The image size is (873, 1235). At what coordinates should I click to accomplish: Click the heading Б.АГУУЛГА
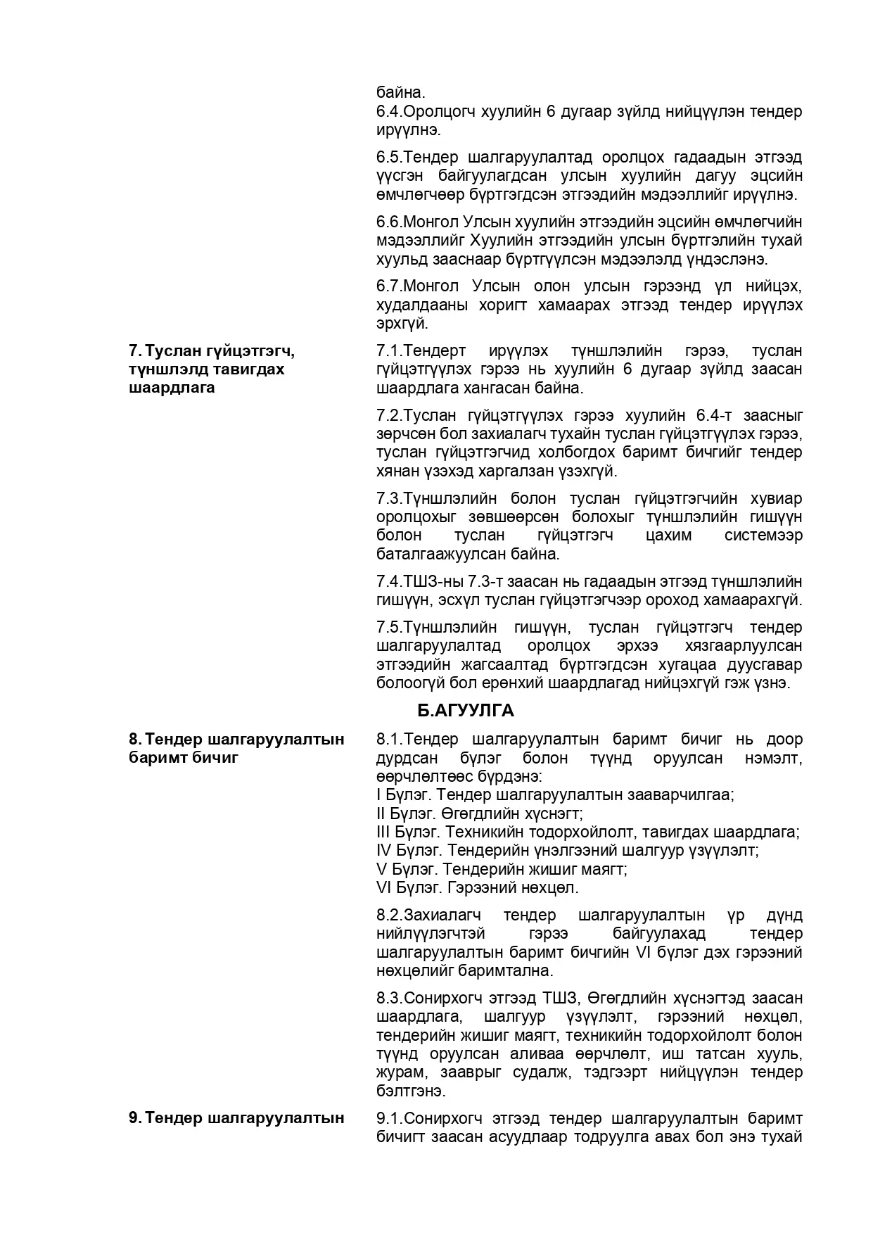tap(465, 711)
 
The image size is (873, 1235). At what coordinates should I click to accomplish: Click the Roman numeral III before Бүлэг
tap(383, 832)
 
